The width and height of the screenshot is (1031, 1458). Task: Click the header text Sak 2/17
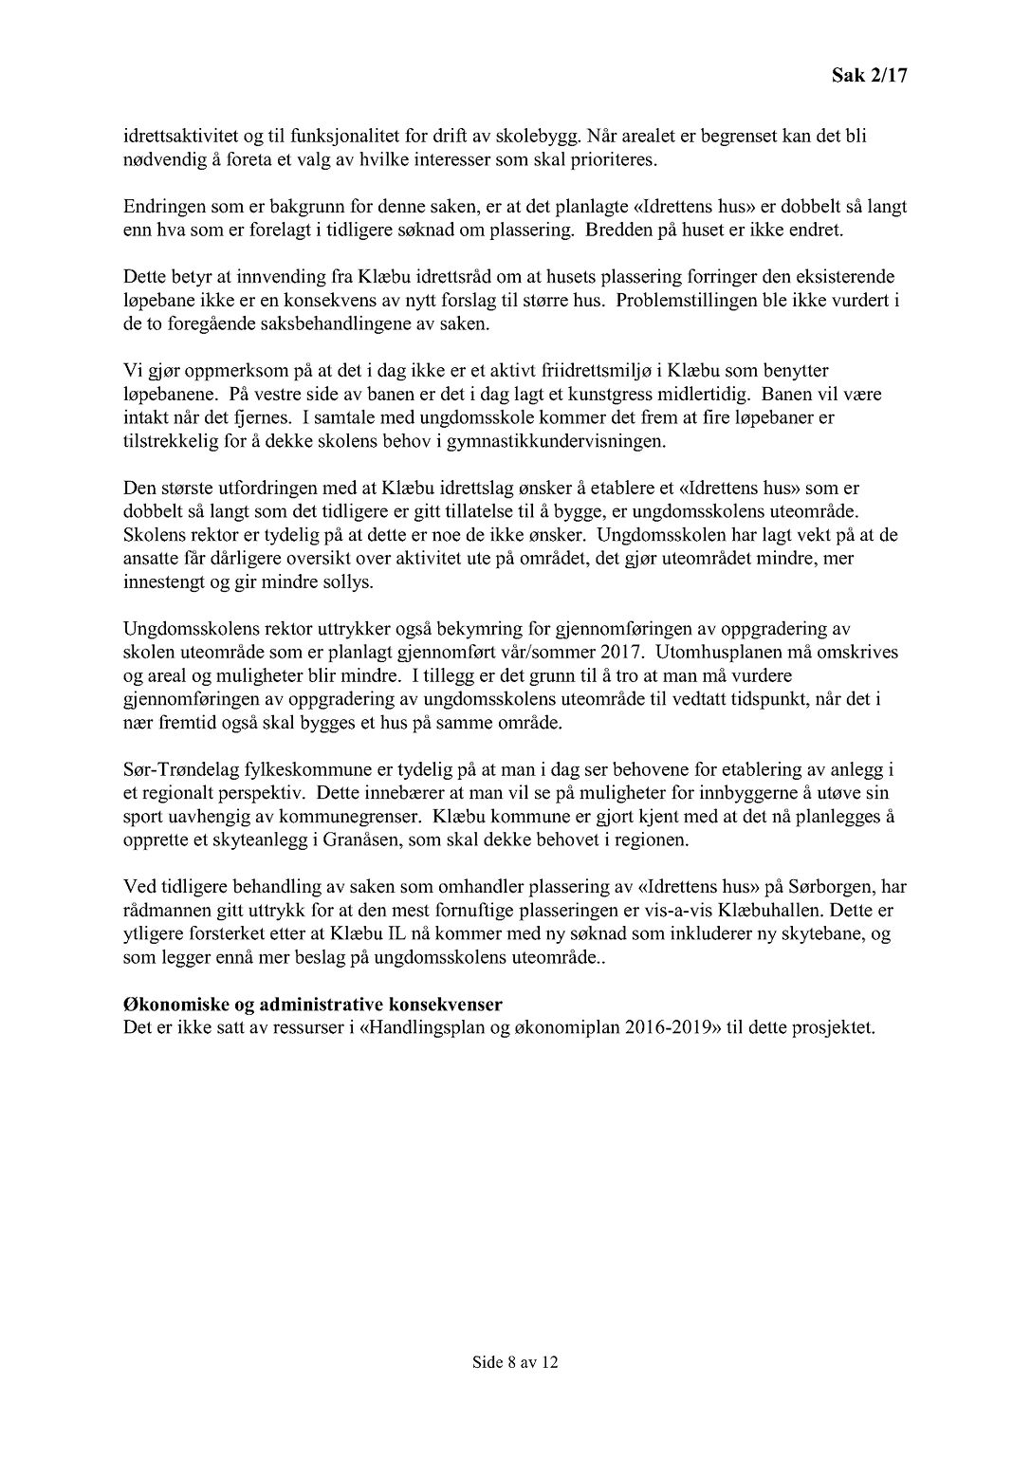(x=869, y=76)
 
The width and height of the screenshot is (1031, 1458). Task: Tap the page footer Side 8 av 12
(x=515, y=1362)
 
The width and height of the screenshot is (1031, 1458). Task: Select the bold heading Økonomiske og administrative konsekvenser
(x=313, y=1005)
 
